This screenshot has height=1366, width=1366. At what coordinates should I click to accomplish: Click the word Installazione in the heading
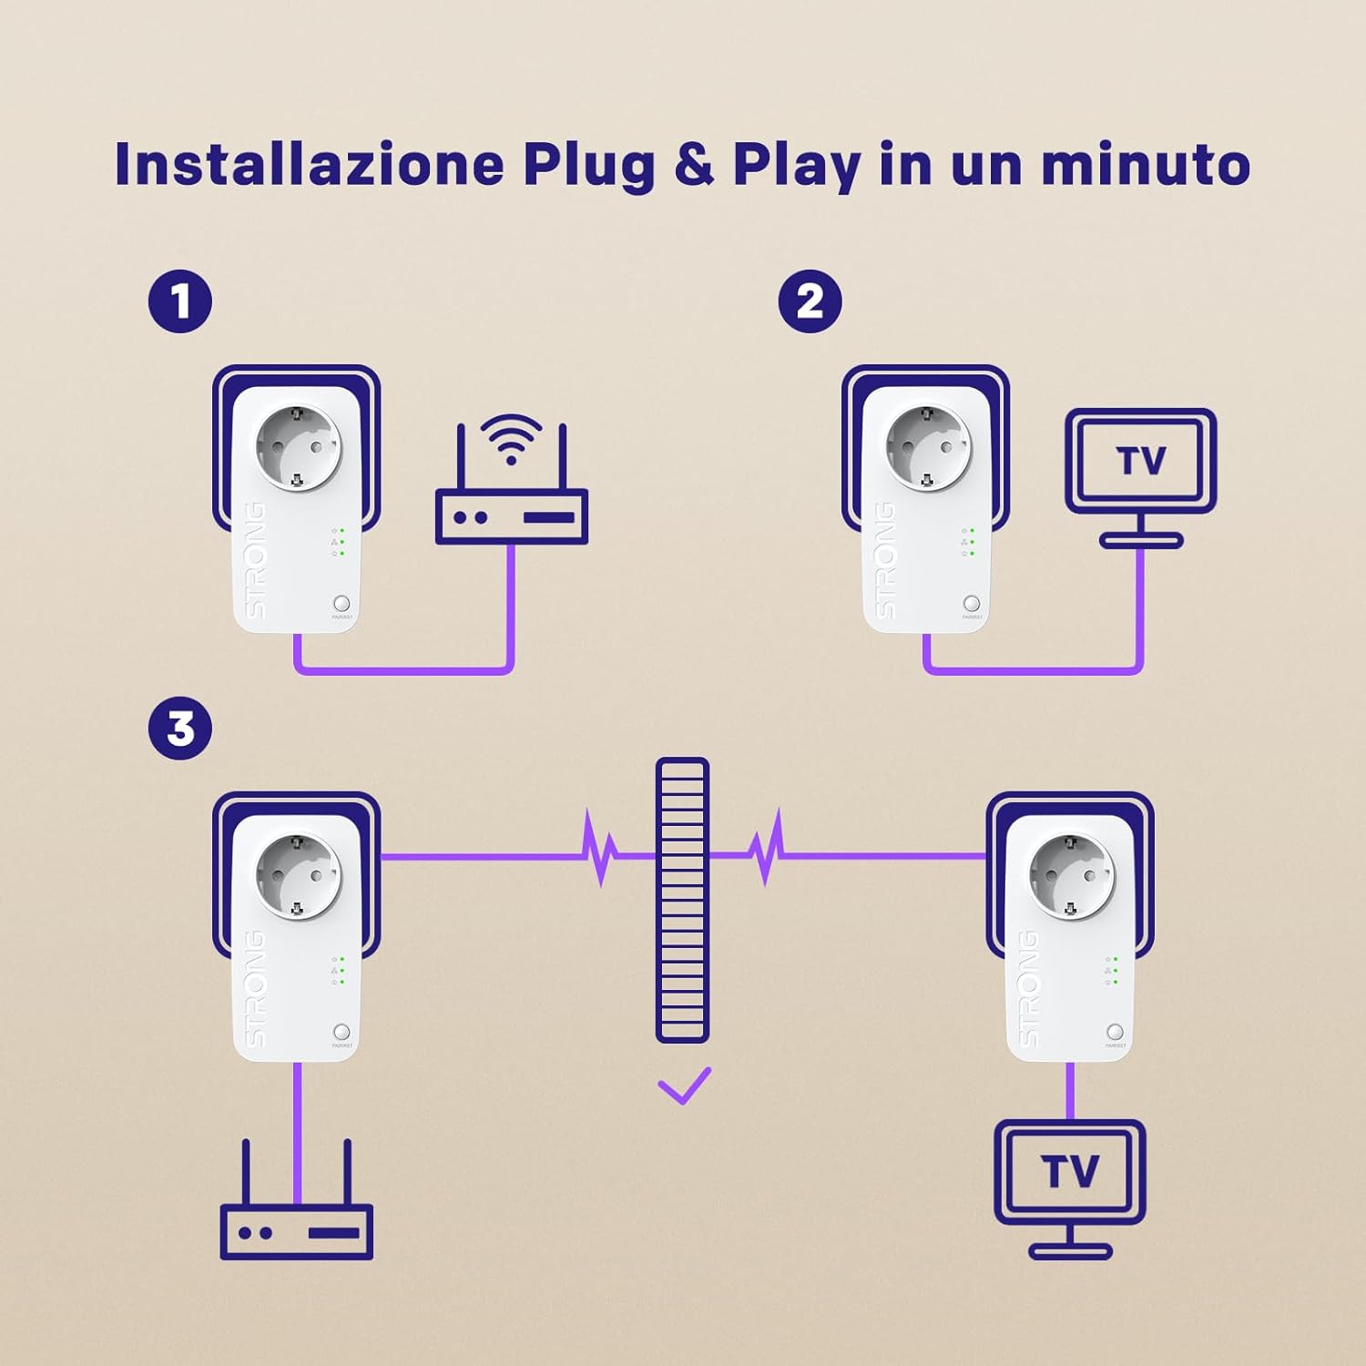pos(309,164)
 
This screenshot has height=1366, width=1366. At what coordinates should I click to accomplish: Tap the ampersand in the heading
pos(695,164)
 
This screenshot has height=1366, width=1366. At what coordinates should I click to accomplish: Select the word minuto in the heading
pos(1146,164)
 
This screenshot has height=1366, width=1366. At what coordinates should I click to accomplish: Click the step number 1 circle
pos(180,301)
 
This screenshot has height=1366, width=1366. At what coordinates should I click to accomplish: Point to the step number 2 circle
pos(810,301)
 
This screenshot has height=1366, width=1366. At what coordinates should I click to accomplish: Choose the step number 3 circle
pos(180,729)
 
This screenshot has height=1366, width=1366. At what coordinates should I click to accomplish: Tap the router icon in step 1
pos(511,515)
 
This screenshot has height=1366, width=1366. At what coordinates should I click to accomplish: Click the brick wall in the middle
pos(682,900)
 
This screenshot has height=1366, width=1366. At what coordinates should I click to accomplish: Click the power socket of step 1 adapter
pos(298,447)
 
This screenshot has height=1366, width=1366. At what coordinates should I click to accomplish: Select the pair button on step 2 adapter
pos(972,604)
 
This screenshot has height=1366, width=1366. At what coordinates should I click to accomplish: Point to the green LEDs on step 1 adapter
pos(341,542)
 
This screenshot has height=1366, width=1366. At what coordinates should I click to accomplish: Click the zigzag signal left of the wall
pos(598,851)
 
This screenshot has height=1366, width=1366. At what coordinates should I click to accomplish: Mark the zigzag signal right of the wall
pos(767,851)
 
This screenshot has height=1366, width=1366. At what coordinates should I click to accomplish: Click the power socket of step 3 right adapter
pos(1071,875)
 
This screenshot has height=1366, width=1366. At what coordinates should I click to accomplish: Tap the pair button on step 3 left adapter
pos(341,1032)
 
